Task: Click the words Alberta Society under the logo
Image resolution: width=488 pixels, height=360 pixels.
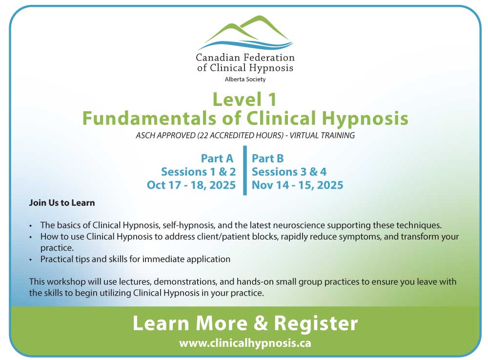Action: (245, 80)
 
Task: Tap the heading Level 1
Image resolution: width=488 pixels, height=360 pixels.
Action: (244, 100)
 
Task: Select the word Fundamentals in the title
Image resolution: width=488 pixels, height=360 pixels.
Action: (149, 118)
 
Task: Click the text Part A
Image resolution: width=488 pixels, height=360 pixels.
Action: (217, 159)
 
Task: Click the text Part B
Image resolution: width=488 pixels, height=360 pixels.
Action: (267, 159)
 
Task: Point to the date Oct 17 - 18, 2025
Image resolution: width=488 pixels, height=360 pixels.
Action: (191, 185)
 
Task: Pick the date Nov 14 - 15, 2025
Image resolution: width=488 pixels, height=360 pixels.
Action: (298, 185)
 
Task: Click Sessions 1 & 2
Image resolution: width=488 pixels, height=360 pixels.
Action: (198, 172)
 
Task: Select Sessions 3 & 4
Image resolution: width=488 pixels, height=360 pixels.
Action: (289, 172)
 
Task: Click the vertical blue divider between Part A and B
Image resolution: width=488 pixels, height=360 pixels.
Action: (245, 170)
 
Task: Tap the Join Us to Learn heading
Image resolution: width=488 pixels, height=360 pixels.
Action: (62, 203)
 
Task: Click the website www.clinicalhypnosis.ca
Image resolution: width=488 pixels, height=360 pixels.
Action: (245, 343)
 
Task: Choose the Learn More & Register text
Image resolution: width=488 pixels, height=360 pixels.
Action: (245, 323)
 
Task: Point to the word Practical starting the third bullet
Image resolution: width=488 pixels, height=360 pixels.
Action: (56, 259)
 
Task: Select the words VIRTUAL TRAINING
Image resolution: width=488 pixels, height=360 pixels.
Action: (322, 135)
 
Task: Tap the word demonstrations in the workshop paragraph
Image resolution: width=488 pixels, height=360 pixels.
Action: (185, 282)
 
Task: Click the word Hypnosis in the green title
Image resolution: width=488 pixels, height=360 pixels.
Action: (365, 119)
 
